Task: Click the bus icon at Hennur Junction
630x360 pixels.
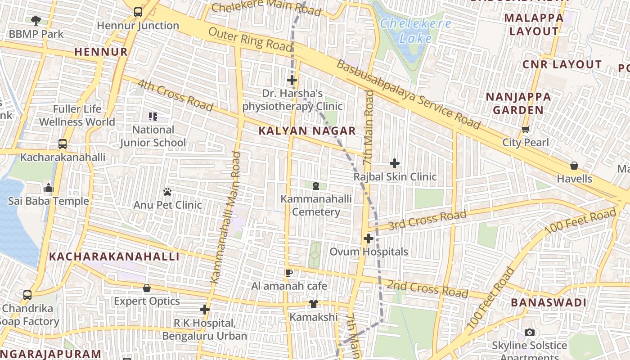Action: [138, 12]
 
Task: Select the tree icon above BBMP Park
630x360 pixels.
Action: [36, 20]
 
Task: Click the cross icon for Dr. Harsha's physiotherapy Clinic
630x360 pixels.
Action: [292, 81]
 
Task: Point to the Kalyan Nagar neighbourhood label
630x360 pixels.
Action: [307, 131]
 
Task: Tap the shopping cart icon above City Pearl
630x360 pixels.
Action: [525, 130]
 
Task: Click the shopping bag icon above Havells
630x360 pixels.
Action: [574, 165]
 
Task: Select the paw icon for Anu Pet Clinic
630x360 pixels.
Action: [167, 192]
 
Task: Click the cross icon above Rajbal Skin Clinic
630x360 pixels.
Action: [395, 163]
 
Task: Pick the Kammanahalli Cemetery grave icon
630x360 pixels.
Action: [316, 185]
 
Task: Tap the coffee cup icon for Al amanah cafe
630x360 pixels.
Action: [289, 273]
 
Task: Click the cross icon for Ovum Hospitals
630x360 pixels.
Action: [369, 238]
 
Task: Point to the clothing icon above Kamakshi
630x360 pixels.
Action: [313, 304]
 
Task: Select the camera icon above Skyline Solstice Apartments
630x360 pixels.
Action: [530, 332]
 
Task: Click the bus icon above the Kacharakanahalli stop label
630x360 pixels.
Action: [63, 144]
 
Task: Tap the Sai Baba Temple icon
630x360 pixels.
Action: [48, 188]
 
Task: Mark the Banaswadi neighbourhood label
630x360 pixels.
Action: [549, 302]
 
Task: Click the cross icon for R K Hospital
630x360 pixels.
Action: [205, 310]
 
